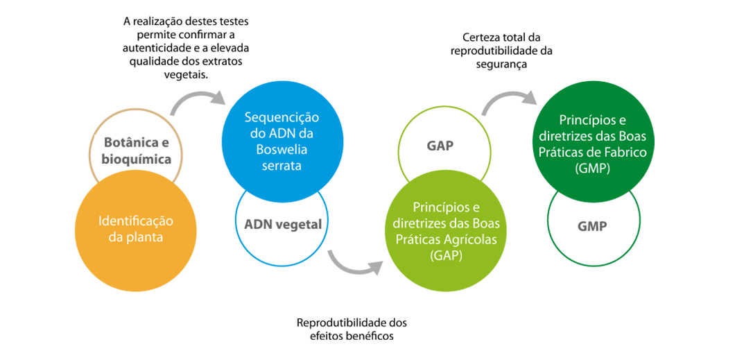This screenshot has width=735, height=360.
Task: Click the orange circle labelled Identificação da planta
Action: coord(135,229)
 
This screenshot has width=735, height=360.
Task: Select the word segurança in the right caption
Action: coord(501,65)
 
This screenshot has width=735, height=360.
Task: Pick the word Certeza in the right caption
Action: coord(480,36)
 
